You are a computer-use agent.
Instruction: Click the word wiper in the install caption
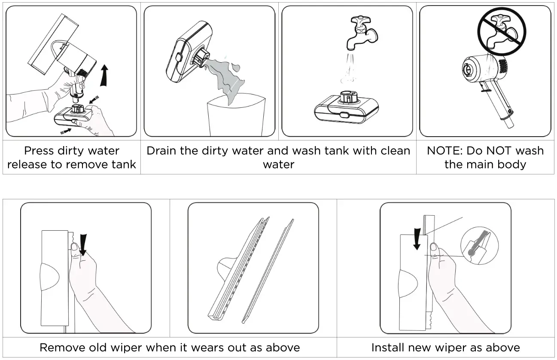tap(469, 347)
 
